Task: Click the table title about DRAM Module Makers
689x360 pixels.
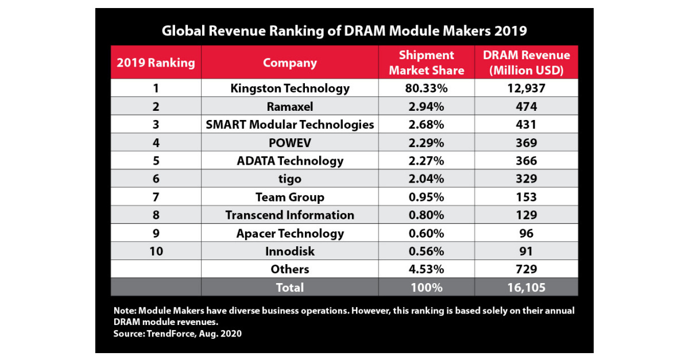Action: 344,30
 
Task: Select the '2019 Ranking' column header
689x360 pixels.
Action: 156,63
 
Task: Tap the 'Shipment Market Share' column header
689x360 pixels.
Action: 426,63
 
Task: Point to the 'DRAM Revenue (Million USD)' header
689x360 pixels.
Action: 527,63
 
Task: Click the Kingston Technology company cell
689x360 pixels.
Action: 290,88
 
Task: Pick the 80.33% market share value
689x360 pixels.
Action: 426,88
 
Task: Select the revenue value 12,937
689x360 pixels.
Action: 527,88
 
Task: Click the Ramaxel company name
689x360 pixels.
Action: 290,106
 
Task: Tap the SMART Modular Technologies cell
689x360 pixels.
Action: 290,125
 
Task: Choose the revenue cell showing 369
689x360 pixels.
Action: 527,142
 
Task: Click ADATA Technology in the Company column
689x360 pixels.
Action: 290,161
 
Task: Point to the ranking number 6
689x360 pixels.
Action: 156,179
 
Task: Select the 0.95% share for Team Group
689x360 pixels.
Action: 426,197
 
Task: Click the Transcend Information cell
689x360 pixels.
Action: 290,215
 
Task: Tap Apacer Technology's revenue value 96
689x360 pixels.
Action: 527,233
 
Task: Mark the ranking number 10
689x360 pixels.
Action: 156,251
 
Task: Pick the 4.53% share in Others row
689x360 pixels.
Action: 426,269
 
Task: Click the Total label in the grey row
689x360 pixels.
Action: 290,287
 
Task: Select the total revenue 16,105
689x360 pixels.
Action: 527,287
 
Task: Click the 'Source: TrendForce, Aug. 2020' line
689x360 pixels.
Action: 177,333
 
